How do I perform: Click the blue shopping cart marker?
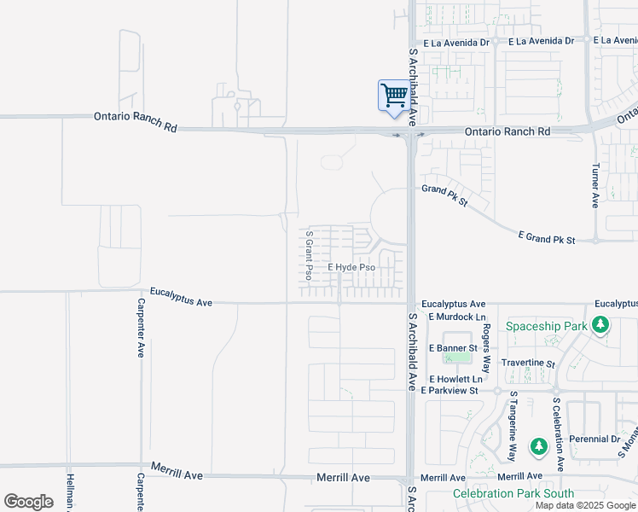393,95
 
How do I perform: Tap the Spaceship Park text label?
546,326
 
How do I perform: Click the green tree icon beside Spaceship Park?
600,325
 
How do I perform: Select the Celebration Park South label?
513,493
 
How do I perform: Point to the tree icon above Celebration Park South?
538,446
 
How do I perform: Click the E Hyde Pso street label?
351,268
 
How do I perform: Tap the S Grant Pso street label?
309,255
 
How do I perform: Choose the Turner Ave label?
595,187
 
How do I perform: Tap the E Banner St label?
453,348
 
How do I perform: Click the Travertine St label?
528,364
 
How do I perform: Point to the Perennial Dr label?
595,439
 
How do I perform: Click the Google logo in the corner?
28,502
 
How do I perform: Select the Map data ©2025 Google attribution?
584,505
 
